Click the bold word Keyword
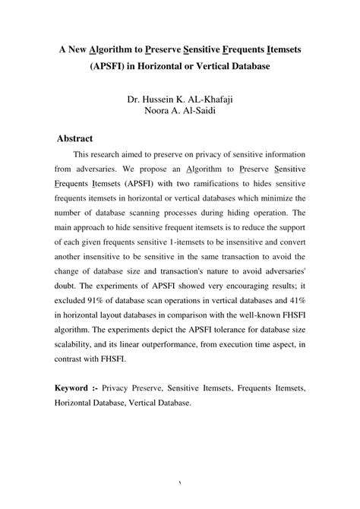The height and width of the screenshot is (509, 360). [71, 388]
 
